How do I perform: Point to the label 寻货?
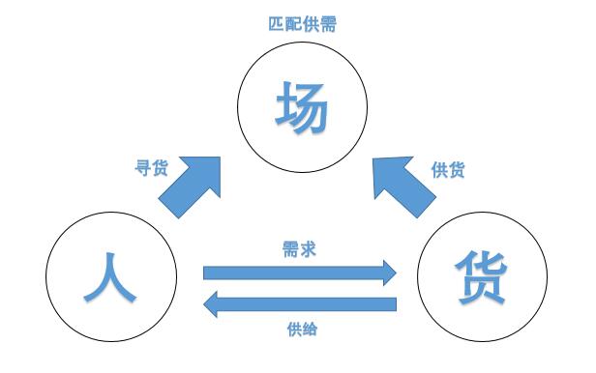point(151,168)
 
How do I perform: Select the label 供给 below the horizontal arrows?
point(302,329)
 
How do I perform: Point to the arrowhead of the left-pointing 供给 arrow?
point(214,303)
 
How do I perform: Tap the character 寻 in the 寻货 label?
point(142,168)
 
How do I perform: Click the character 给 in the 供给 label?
point(311,329)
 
